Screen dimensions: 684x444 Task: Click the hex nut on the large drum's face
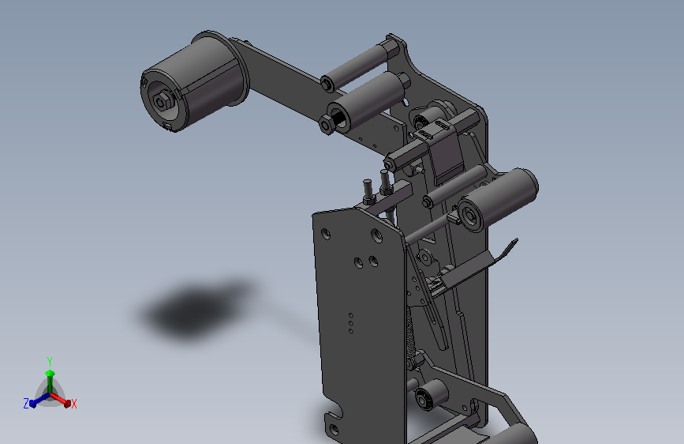(160, 103)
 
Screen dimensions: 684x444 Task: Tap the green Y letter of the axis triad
(50, 361)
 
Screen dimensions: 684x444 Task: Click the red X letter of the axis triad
(73, 404)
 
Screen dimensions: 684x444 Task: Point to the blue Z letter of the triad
(26, 404)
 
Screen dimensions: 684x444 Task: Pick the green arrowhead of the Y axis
(50, 374)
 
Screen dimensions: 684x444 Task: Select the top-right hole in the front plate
(376, 236)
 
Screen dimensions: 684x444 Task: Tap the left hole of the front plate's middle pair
(359, 262)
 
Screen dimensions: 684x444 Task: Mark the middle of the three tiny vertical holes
(351, 323)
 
